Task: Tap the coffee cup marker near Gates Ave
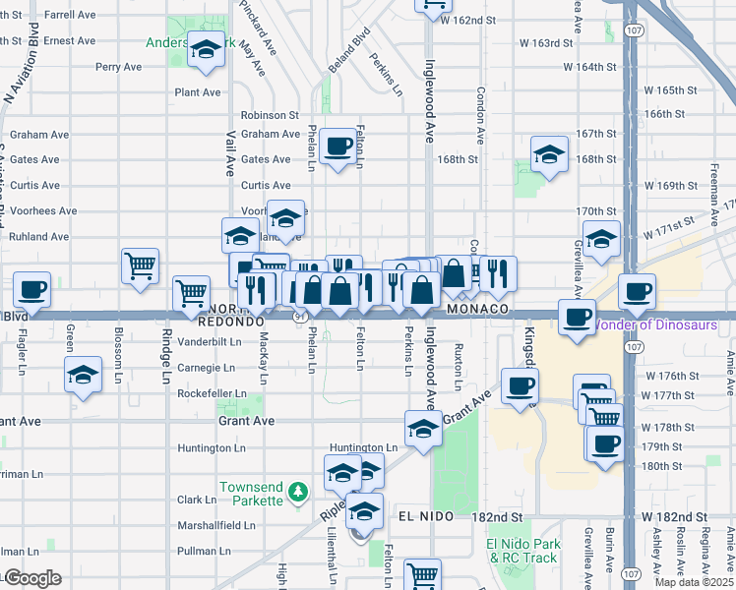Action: [x=337, y=146]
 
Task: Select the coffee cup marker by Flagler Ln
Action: [x=31, y=289]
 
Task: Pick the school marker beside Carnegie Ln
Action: [x=84, y=375]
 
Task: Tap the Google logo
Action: [x=33, y=578]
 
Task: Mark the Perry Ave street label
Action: [x=118, y=67]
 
